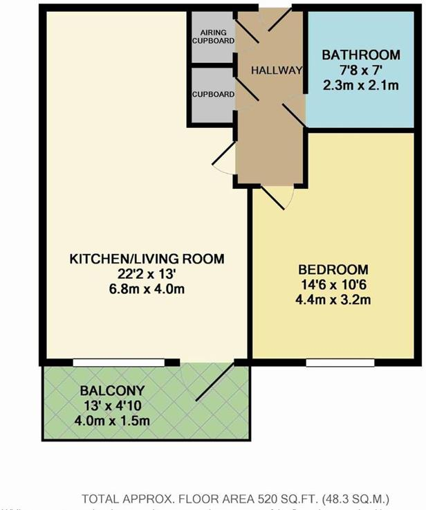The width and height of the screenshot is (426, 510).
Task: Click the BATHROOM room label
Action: [x=361, y=55]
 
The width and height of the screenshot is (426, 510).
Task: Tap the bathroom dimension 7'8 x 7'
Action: [x=361, y=71]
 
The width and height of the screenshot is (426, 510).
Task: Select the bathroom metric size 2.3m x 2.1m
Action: [x=361, y=86]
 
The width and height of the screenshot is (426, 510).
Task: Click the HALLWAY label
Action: [x=277, y=70]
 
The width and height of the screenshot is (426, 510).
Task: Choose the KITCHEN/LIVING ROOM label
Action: [x=147, y=259]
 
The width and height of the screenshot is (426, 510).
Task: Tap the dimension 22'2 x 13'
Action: [x=147, y=275]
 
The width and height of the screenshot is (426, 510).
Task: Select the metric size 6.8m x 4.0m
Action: [x=147, y=290]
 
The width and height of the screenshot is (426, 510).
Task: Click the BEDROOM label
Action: [x=334, y=269]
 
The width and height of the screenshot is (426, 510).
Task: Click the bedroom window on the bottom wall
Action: [x=340, y=362]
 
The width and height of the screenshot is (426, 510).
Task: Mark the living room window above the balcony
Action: [x=119, y=362]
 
